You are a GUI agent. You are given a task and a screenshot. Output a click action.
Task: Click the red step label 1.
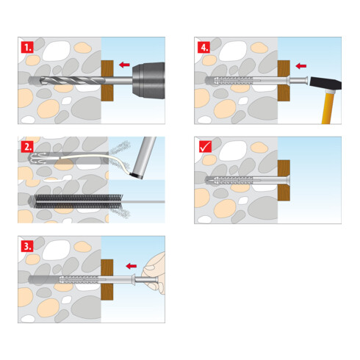coord(27,47)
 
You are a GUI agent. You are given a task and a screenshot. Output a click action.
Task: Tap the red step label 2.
coord(27,147)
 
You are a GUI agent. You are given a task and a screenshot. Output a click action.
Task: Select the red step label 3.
coord(27,246)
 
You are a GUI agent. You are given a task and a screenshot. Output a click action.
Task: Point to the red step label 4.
coord(204,47)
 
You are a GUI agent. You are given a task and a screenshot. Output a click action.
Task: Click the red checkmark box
coord(205,146)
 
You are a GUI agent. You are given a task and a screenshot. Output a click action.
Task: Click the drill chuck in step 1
coord(148,81)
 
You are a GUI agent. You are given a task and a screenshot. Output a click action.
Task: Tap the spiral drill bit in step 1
coord(71,80)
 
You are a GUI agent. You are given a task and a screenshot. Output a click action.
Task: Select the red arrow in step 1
coord(124,65)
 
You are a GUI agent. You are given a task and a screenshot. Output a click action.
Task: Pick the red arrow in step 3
coord(132,266)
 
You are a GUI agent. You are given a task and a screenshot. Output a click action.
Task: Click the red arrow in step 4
coord(301,66)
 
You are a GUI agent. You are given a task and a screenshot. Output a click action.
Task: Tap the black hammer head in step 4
coord(325,83)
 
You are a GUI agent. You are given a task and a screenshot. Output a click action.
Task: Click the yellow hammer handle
coord(328,108)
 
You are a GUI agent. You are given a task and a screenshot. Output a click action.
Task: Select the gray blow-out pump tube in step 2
coord(144,156)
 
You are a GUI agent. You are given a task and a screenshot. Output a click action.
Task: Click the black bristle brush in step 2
coord(79,201)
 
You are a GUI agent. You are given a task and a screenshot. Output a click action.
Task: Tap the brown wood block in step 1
coord(107,81)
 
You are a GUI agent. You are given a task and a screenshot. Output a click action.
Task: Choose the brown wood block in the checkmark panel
coord(284,181)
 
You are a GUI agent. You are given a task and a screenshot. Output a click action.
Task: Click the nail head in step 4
coord(306,80)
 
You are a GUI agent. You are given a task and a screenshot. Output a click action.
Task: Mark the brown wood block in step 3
coord(107,280)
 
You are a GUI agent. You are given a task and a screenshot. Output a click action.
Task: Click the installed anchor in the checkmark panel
coord(248,180)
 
